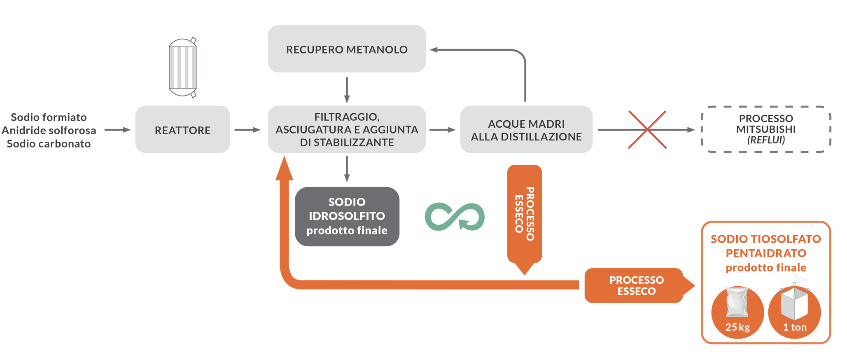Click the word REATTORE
pos(182,131)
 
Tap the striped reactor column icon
pos(182,67)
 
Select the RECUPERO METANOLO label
pos(347,50)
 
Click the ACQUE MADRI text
pos(526,124)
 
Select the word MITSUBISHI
pos(765,129)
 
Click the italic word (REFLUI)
pos(766,140)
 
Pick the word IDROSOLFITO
pos(347,216)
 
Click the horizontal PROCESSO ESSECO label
pos(636,285)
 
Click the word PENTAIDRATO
pos(766,253)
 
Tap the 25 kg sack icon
pos(737,303)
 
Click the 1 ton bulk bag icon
pos(794,303)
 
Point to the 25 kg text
pos(737,327)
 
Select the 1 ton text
pos(794,327)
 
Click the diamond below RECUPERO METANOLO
pos(347,89)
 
